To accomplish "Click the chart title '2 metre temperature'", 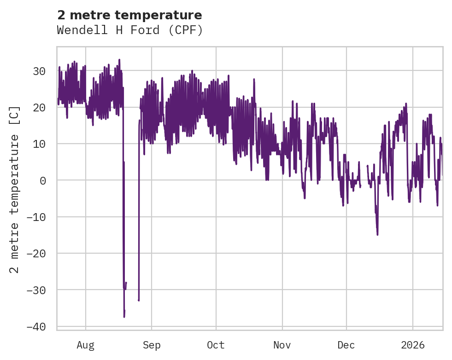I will (x=129, y=15).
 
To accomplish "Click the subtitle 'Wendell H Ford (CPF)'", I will (x=129, y=30).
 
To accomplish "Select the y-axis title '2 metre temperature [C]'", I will (x=15, y=189).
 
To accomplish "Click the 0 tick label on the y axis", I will (x=42, y=180).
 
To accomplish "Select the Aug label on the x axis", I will (x=85, y=345).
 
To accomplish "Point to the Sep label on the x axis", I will (x=151, y=345).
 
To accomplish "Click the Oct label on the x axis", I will (x=216, y=345).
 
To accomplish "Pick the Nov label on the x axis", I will (x=282, y=345).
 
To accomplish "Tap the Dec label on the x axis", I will (x=346, y=345).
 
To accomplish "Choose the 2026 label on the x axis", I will (x=412, y=345).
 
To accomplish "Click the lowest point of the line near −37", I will (x=124, y=317).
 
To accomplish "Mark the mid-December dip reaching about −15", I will (x=377, y=235).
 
